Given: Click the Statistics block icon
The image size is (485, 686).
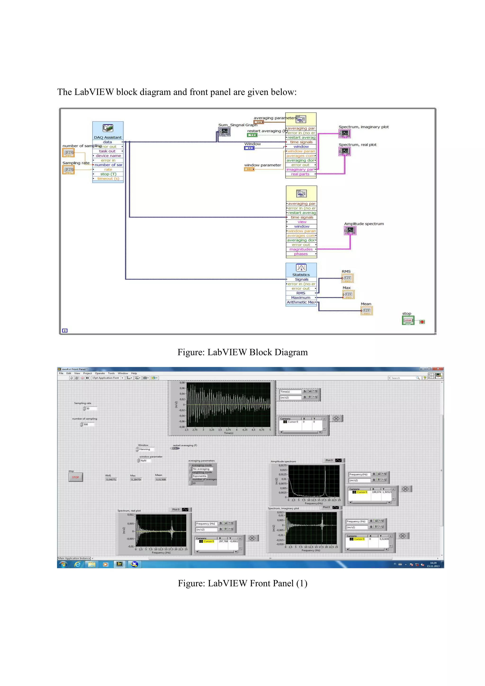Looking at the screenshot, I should tap(301, 268).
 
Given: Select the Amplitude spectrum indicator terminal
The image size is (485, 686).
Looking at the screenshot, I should tap(350, 230).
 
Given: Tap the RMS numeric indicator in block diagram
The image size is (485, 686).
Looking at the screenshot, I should tap(347, 278).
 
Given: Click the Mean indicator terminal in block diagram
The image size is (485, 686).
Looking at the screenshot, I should tap(366, 311).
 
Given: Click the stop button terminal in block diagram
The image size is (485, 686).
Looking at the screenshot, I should tap(408, 320).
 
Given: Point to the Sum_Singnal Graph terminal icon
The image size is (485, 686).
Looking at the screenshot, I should tap(224, 131).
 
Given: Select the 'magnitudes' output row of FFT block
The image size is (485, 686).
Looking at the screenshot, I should tap(301, 249).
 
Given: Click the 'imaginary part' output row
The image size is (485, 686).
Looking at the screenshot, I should tap(300, 169).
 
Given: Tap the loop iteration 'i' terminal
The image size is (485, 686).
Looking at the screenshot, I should tap(65, 330).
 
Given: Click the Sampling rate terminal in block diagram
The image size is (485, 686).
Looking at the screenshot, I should tap(68, 170).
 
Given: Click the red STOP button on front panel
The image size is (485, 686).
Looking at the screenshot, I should tap(76, 477).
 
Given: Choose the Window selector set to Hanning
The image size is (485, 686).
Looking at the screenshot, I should tap(146, 449).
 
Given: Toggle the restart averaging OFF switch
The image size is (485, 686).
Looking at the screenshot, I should tap(175, 448).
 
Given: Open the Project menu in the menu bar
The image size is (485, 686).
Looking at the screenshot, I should tap(87, 373).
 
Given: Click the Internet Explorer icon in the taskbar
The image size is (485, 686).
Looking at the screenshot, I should tap(77, 564).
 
